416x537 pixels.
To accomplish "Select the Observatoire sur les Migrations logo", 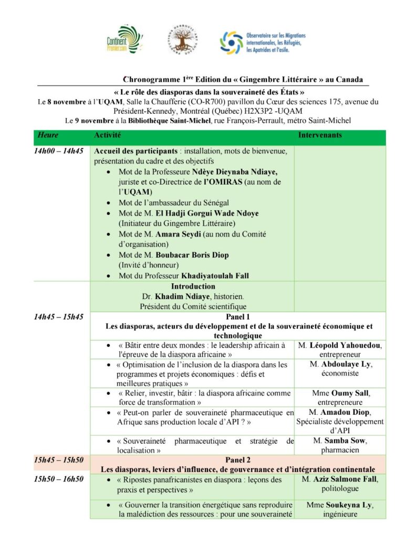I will pos(262,41).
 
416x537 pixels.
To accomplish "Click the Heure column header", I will pos(48,135).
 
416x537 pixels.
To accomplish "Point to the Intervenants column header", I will pos(320,135).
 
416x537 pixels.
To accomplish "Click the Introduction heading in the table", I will pos(193,286).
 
